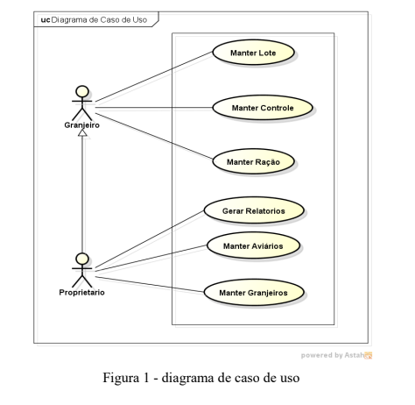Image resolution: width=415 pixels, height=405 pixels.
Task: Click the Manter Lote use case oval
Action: pyautogui.click(x=253, y=53)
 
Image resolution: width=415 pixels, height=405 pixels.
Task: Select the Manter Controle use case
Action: pyautogui.click(x=263, y=108)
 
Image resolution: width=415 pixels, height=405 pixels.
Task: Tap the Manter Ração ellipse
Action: pyautogui.click(x=253, y=161)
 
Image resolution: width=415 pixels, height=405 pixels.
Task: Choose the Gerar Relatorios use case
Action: pyautogui.click(x=254, y=210)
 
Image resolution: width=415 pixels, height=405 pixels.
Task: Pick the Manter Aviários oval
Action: pyautogui.click(x=253, y=245)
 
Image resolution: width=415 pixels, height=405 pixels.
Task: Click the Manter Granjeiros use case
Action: pyautogui.click(x=254, y=293)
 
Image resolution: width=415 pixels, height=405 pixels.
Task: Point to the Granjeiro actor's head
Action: pyautogui.click(x=82, y=91)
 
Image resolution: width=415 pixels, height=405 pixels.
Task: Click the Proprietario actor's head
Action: pyautogui.click(x=82, y=259)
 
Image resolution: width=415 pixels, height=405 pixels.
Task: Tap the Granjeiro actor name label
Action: pyautogui.click(x=82, y=125)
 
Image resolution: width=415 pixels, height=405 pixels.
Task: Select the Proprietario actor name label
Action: pyautogui.click(x=82, y=292)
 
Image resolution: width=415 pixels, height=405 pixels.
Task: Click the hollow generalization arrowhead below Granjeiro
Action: pyautogui.click(x=82, y=132)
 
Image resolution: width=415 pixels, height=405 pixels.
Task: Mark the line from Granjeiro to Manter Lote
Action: pyautogui.click(x=154, y=77)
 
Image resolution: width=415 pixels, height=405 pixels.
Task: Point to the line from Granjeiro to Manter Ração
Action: pyautogui.click(x=154, y=136)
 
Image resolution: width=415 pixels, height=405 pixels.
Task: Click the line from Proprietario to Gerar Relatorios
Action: pyautogui.click(x=150, y=239)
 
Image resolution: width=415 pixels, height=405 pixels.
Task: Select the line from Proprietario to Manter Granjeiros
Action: pyautogui.click(x=150, y=284)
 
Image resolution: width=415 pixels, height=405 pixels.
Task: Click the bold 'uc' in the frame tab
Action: pyautogui.click(x=46, y=20)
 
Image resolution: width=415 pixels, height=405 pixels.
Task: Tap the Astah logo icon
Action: pyautogui.click(x=369, y=355)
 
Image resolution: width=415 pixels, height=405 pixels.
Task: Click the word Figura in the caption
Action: pyautogui.click(x=121, y=378)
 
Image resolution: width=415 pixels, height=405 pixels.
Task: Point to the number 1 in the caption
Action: pyautogui.click(x=146, y=378)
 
